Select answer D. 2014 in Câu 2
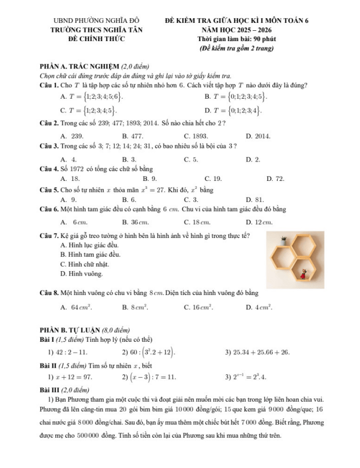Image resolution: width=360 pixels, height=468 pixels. (259, 136)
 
